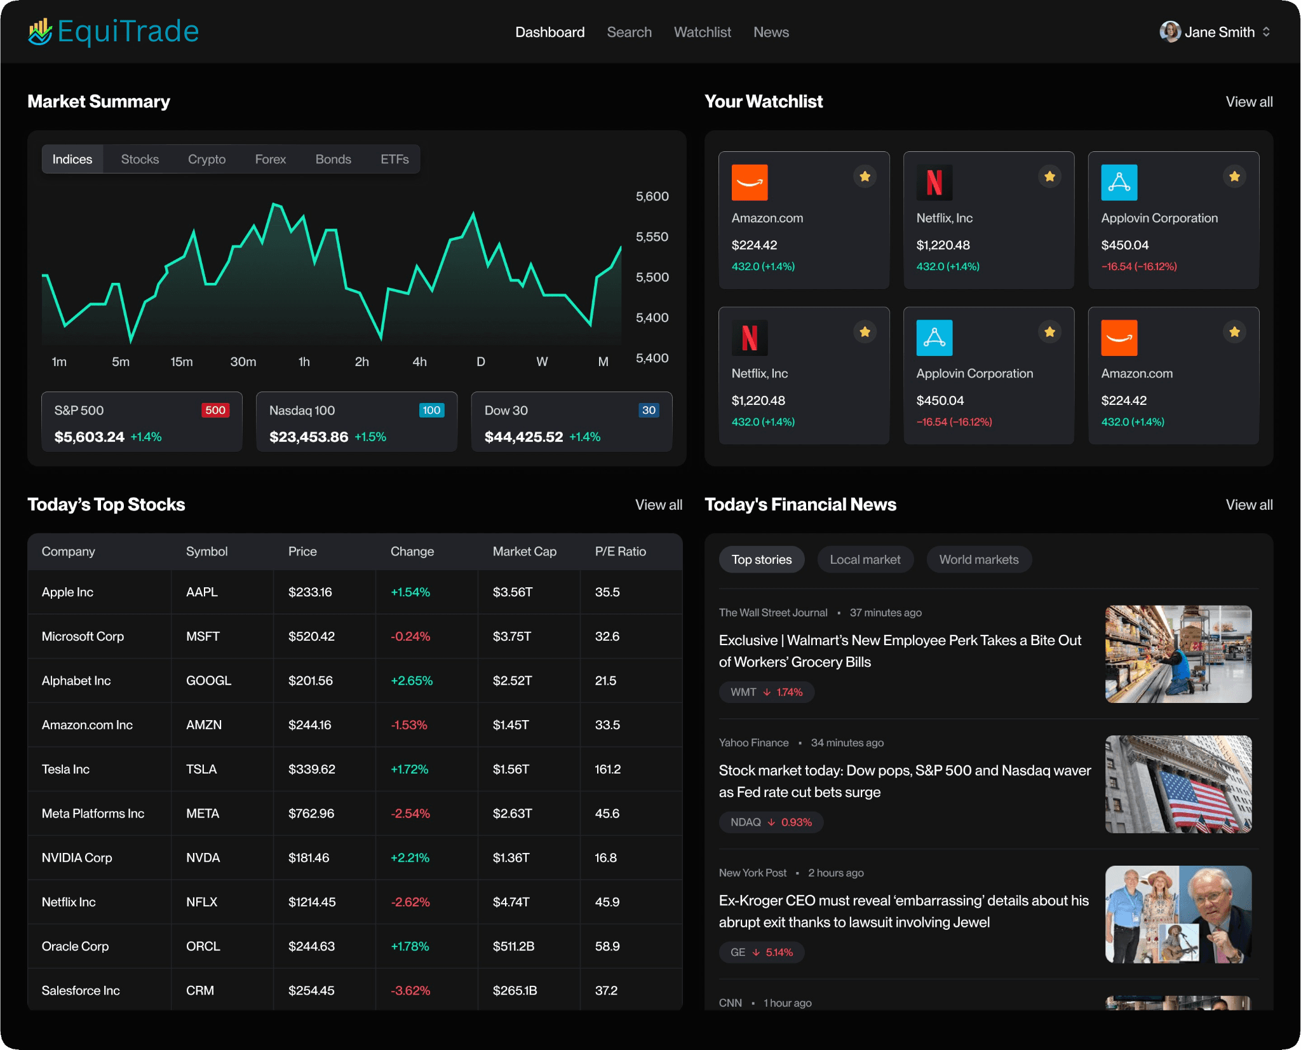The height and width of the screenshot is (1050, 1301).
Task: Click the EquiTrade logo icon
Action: click(40, 32)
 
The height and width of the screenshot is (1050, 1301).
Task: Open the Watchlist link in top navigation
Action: click(702, 32)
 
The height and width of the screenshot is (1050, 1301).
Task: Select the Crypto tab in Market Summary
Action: click(206, 160)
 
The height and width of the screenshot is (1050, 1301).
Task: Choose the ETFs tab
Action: click(394, 160)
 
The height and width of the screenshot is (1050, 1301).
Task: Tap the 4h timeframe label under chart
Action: click(419, 362)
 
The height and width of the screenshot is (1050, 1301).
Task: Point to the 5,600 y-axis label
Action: click(652, 196)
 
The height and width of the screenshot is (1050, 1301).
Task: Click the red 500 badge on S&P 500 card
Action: click(215, 411)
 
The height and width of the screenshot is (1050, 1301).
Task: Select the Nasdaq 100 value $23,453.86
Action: click(309, 437)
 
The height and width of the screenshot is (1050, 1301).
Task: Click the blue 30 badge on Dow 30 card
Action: click(648, 411)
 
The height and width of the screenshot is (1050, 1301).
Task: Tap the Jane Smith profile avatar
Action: click(1170, 32)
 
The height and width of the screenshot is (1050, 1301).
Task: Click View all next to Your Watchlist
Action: click(1248, 102)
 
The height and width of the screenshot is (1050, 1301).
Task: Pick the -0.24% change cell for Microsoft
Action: click(410, 636)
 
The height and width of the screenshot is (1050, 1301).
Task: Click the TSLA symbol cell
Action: click(201, 769)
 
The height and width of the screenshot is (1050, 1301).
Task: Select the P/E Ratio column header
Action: click(620, 552)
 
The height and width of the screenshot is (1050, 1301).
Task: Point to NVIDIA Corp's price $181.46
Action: click(309, 858)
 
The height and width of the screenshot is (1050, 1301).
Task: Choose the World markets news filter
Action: click(978, 560)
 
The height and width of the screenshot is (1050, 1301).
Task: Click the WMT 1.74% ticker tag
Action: click(766, 692)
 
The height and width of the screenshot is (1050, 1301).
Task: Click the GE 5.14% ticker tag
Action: click(761, 952)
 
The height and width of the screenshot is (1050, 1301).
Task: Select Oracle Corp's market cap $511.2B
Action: click(513, 946)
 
